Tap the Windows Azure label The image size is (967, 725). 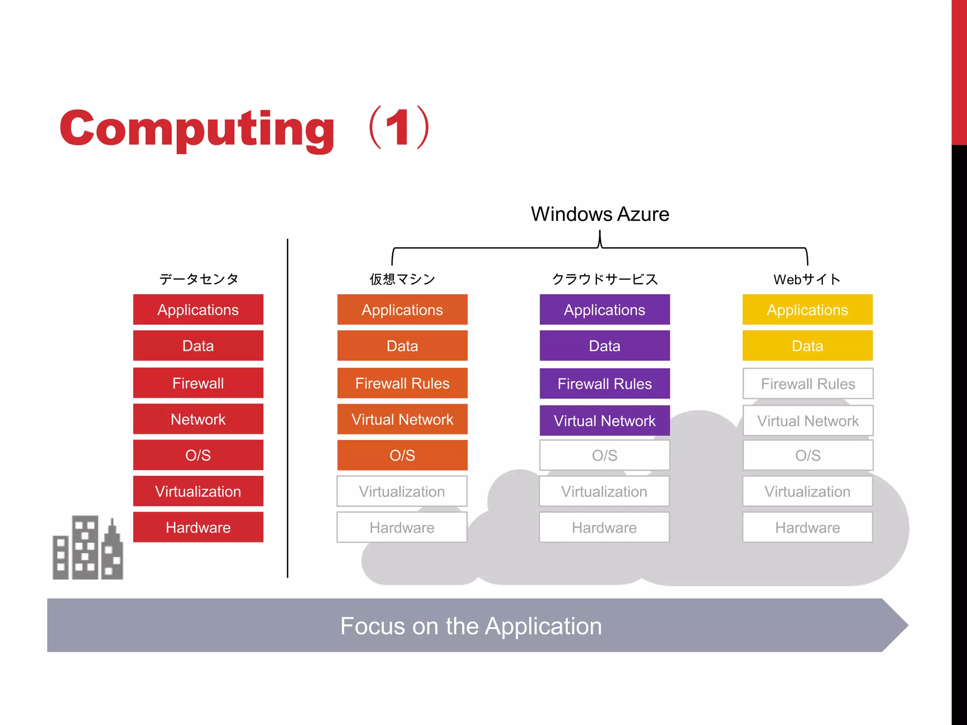(600, 214)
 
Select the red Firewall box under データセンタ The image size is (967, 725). (198, 383)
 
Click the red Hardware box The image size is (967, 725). (198, 527)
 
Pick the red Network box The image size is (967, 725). (198, 419)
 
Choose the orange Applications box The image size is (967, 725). (402, 310)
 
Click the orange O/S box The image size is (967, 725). (402, 455)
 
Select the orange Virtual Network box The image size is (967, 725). (402, 419)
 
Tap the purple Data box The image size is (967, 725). (604, 346)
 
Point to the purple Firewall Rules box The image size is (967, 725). (604, 383)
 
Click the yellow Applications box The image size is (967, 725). (807, 310)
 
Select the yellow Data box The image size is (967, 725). (807, 346)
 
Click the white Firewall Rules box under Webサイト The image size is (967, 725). (807, 383)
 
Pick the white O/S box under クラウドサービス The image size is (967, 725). (604, 455)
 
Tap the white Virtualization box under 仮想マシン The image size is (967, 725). (402, 491)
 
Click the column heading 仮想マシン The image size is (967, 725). (402, 279)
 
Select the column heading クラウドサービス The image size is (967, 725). (604, 279)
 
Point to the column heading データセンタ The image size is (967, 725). (199, 279)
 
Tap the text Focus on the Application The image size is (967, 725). (471, 626)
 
